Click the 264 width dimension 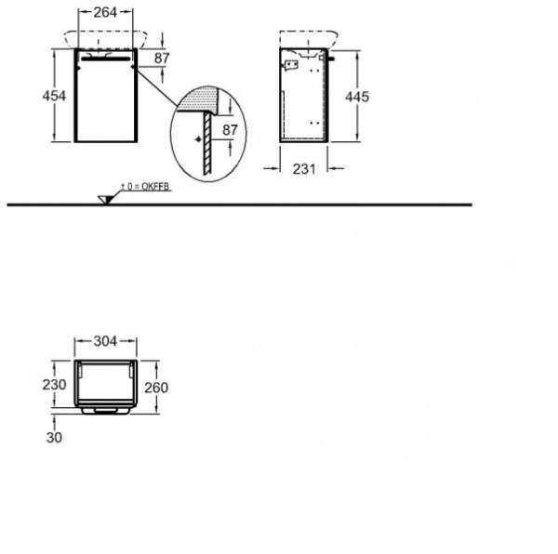pos(105,12)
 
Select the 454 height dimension pos(54,96)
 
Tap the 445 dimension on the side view pos(357,97)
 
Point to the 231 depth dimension pos(304,169)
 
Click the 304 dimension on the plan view pos(105,341)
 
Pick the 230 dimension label pos(54,385)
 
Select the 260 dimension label pos(156,388)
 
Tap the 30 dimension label pos(54,438)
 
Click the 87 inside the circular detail pos(230,130)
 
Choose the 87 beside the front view pos(162,59)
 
